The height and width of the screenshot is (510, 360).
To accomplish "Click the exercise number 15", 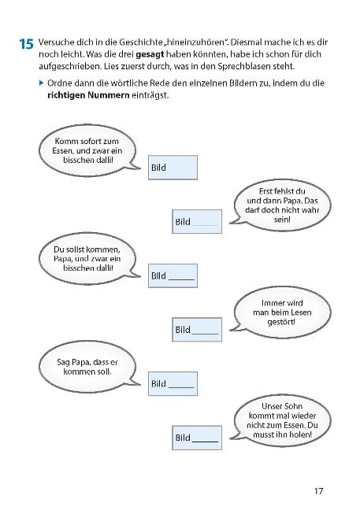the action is click(x=26, y=44).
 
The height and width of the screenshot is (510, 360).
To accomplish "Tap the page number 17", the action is click(x=319, y=491).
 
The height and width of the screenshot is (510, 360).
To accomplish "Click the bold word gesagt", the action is click(x=150, y=54).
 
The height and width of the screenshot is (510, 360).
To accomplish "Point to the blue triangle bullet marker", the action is click(x=41, y=83).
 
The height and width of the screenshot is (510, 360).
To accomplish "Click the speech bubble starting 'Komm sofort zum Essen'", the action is click(x=88, y=150).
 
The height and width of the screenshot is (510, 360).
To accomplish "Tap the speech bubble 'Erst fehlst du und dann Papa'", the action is click(x=281, y=205).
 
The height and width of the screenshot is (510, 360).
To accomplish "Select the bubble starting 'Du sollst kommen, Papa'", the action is click(x=88, y=259).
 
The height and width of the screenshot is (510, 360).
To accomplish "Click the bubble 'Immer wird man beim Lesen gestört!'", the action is click(x=281, y=312).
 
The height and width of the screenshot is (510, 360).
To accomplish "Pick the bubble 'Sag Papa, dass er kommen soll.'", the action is click(x=88, y=367).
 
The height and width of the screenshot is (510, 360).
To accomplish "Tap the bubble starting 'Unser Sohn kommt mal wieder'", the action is click(x=281, y=420).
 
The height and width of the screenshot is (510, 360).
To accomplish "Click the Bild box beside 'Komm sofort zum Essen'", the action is click(x=173, y=168).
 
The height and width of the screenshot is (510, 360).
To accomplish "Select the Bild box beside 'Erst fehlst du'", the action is click(x=197, y=221).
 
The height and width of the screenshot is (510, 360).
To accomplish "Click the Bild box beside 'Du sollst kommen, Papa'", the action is click(x=173, y=275).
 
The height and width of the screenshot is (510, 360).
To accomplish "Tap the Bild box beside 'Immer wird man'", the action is click(x=197, y=330).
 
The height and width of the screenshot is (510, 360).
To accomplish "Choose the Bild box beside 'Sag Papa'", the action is click(x=173, y=384).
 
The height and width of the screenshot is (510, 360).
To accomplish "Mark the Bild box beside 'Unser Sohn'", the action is click(x=197, y=438).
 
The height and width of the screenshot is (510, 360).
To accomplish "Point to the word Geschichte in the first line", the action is click(x=138, y=42).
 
